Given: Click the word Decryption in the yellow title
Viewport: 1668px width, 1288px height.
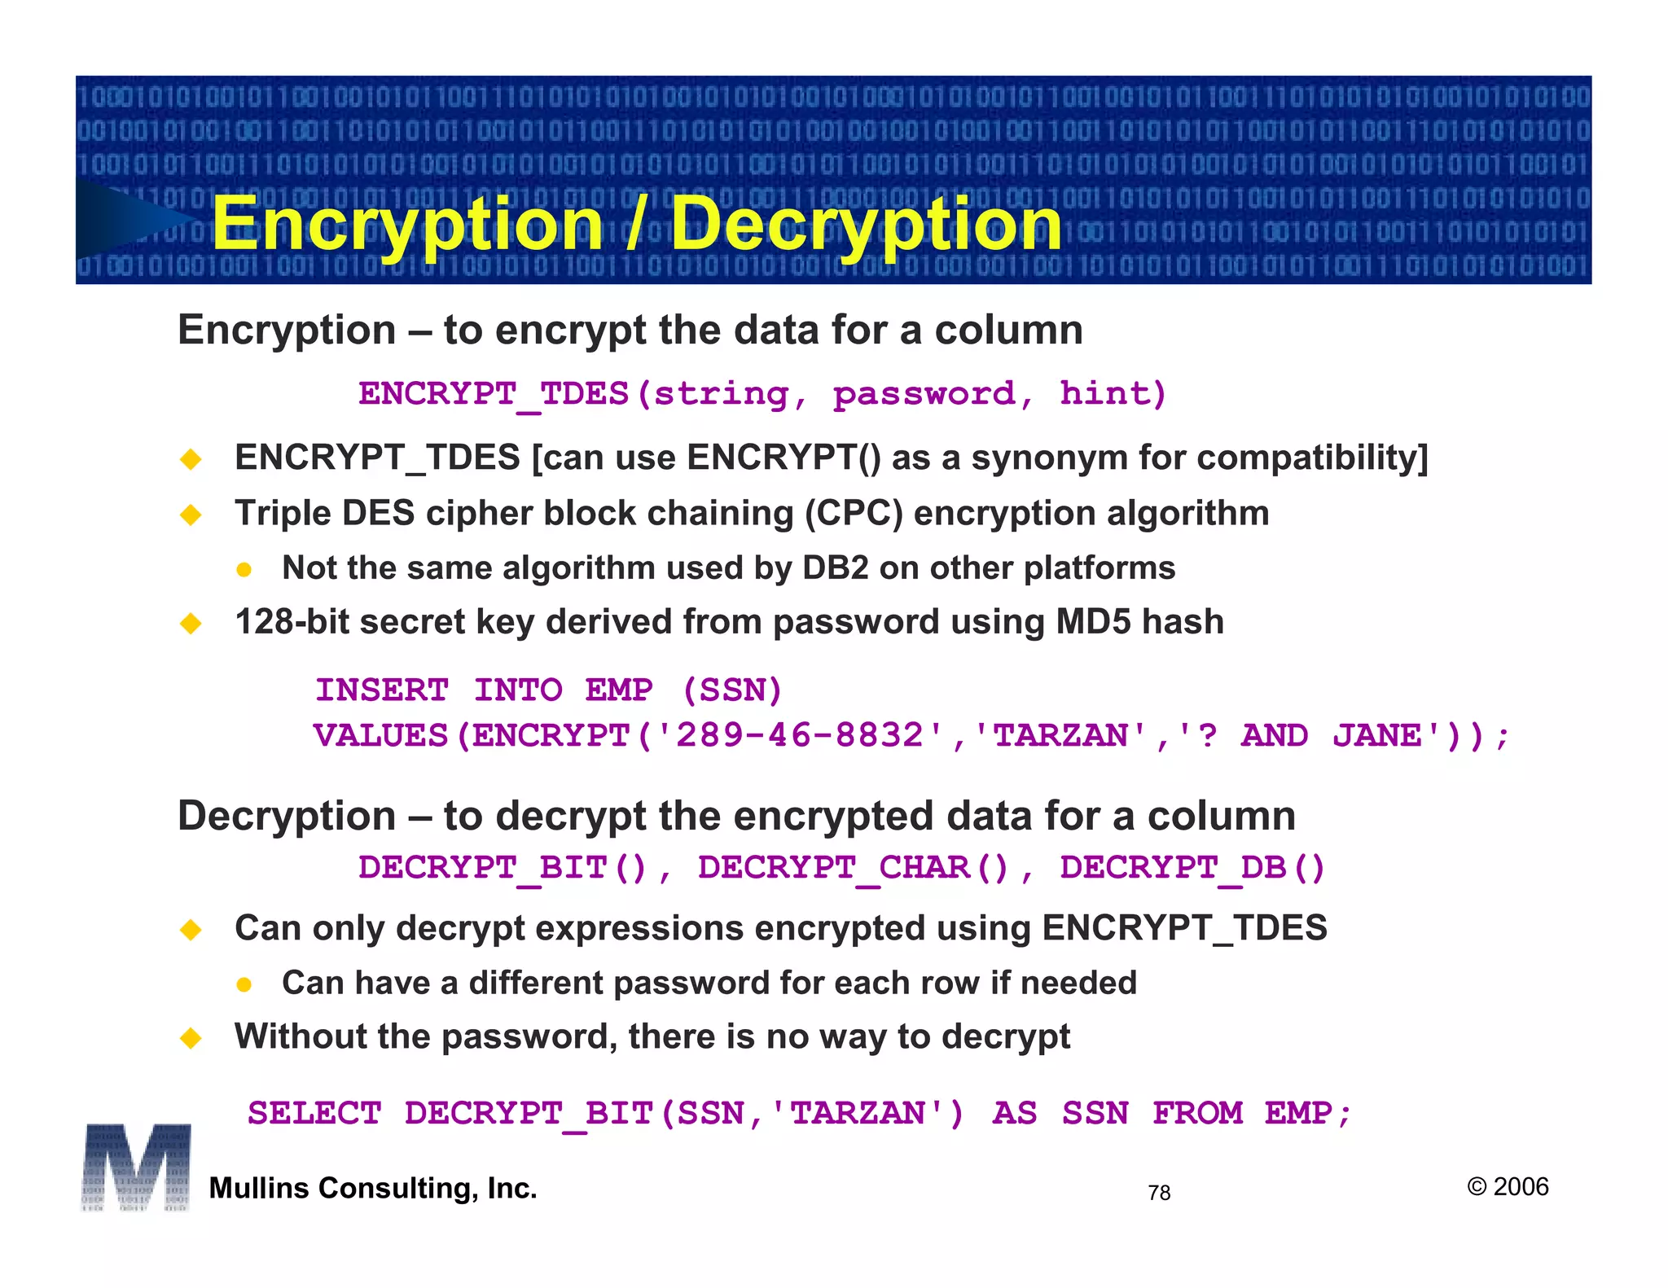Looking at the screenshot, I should tap(866, 224).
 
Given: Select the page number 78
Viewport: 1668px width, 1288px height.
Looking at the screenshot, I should tap(1158, 1193).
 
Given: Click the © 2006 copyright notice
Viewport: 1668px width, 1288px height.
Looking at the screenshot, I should tap(1508, 1186).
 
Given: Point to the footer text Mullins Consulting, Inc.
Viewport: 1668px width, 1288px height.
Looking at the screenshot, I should tap(373, 1188).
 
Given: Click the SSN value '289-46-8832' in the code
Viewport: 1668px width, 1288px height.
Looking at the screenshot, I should tap(800, 735).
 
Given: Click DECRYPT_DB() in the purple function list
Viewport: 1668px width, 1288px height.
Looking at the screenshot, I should tap(1192, 868).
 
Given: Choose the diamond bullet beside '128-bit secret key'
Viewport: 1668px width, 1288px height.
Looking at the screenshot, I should tap(191, 624).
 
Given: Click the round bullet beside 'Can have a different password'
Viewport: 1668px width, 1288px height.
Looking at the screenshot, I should tap(244, 985).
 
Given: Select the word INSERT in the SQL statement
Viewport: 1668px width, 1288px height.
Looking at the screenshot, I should tap(382, 690).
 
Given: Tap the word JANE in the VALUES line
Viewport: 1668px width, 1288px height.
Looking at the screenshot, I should tap(1377, 735).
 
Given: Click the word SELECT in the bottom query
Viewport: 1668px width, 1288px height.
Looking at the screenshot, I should tap(314, 1113).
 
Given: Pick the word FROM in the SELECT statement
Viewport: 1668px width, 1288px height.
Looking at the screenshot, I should tap(1197, 1113).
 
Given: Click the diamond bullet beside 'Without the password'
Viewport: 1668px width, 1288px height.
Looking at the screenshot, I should tap(191, 1038).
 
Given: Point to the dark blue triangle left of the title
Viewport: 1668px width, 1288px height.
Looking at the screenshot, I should tap(130, 218).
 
